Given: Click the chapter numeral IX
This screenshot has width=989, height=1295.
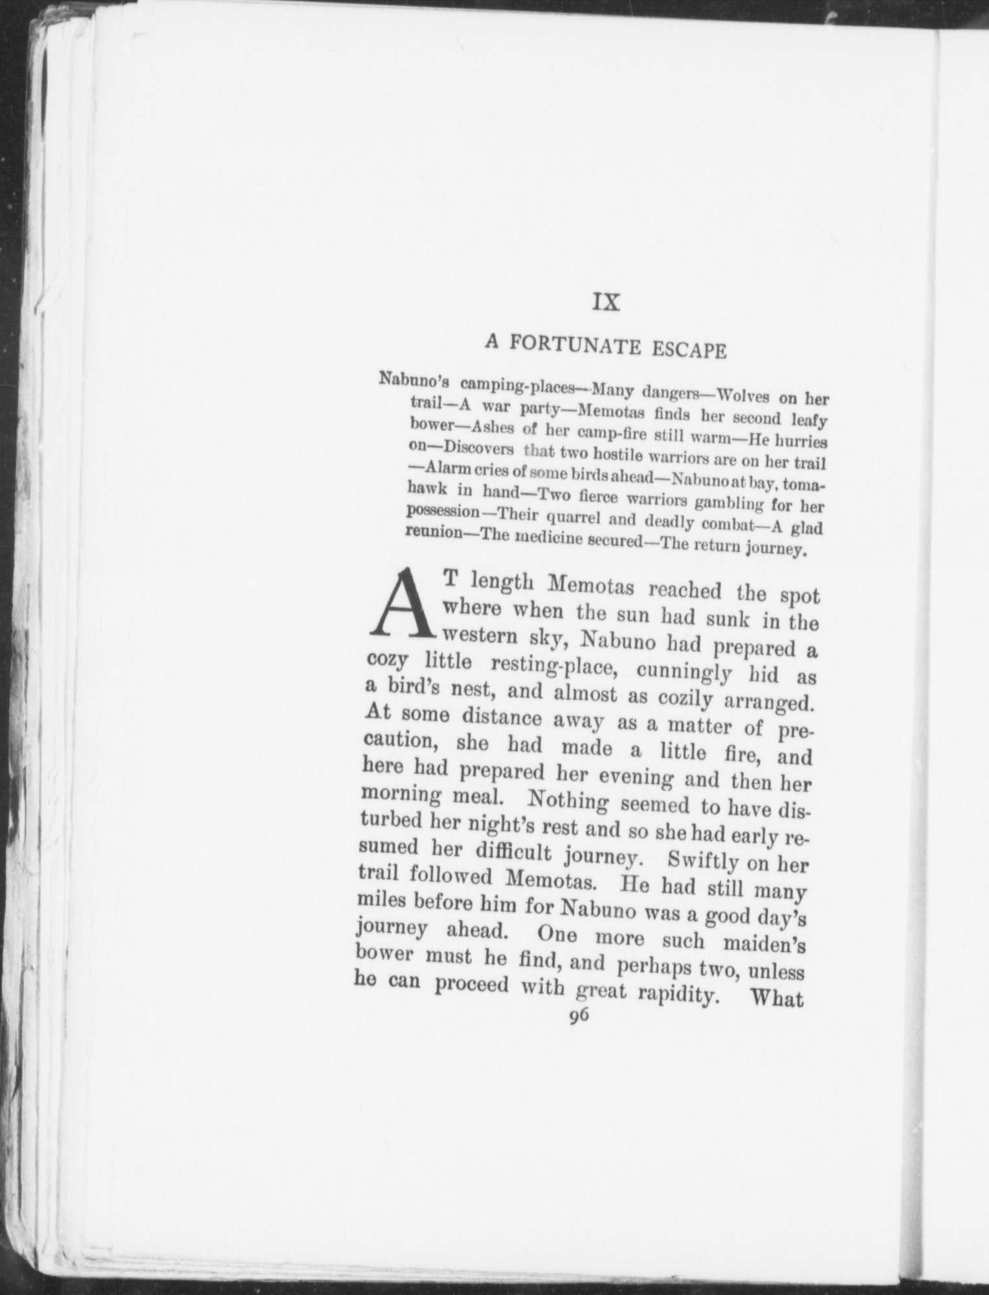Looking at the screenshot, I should click(x=606, y=302).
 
